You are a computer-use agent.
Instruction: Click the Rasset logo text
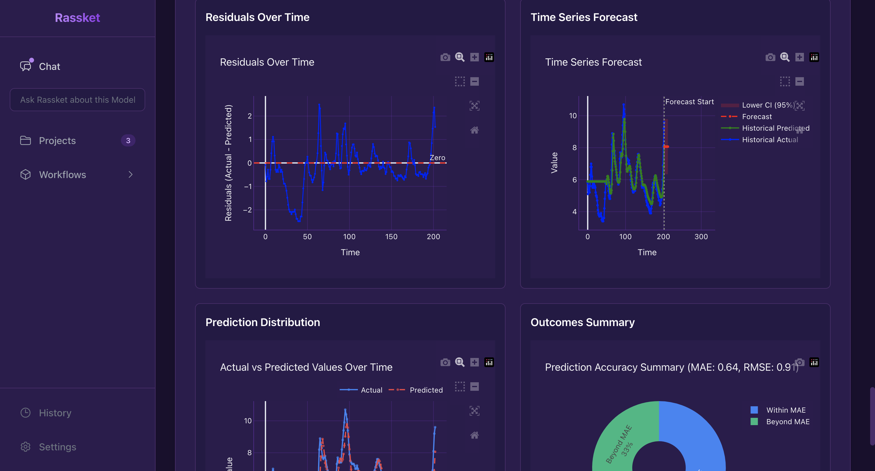[x=77, y=18]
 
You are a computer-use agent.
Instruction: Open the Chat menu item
[x=49, y=67]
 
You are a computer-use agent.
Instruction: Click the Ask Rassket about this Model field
[x=77, y=100]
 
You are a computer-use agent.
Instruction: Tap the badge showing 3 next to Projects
[x=128, y=141]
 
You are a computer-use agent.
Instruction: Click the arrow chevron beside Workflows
[x=130, y=175]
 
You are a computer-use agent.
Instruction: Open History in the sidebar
[x=55, y=413]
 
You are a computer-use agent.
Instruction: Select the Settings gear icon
[x=26, y=447]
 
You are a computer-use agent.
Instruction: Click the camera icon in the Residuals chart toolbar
[x=445, y=57]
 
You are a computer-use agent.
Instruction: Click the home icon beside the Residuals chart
[x=474, y=130]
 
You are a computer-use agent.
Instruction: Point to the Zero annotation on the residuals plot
[x=437, y=158]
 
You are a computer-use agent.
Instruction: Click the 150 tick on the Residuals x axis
[x=391, y=237]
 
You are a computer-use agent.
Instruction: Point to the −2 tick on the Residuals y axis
[x=248, y=210]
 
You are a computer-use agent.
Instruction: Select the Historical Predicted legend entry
[x=775, y=128]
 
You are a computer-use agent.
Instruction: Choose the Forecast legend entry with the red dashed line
[x=757, y=117]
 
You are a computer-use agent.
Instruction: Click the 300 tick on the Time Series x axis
[x=701, y=237]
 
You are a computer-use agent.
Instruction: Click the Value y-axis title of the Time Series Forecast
[x=554, y=163]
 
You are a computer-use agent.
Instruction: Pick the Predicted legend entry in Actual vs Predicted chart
[x=426, y=390]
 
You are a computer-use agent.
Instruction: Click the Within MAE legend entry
[x=786, y=410]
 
